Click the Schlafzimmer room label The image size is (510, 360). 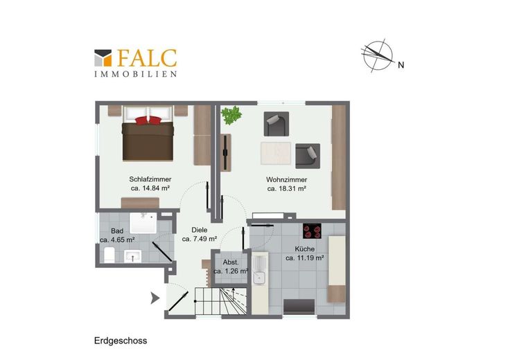coord(150,179)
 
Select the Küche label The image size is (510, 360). coord(305,249)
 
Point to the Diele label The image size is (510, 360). coord(200,230)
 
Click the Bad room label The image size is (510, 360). coord(117,231)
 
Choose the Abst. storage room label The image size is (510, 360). coord(231,262)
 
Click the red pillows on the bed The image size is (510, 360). coord(148,120)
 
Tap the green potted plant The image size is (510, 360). coord(231,116)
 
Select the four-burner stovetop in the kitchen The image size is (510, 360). coord(312,231)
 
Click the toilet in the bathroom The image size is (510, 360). coord(109,255)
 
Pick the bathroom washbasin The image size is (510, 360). coord(132,256)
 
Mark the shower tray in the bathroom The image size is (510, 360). coord(143,223)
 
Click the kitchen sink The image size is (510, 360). coord(260,271)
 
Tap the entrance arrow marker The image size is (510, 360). coord(155,298)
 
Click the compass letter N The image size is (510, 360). coord(401,65)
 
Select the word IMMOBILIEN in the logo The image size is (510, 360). coord(136,74)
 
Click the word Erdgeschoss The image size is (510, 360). coord(121,341)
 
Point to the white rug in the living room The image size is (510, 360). coord(276,154)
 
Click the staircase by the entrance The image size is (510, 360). coord(221,301)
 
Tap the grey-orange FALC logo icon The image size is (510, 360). coord(103,58)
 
